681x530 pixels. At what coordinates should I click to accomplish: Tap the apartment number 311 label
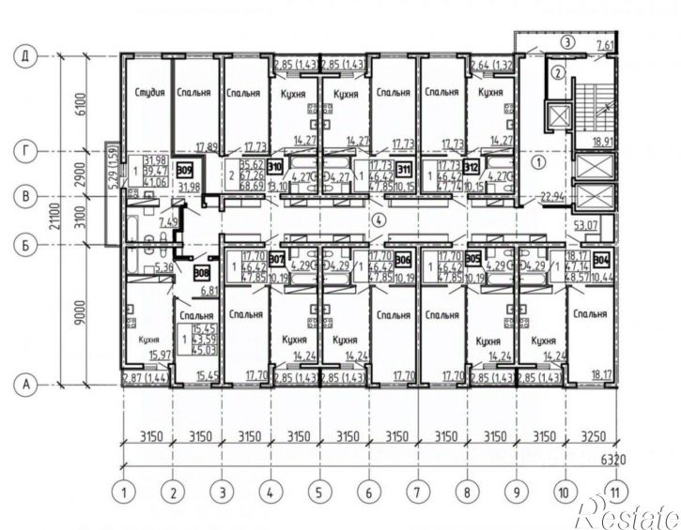404,170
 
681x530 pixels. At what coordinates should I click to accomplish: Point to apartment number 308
200,274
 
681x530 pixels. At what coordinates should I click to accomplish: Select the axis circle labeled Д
24,56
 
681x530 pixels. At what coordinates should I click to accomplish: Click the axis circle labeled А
24,383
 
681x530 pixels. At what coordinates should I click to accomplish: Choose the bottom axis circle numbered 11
616,490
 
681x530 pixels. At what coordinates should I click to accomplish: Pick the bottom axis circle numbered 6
368,490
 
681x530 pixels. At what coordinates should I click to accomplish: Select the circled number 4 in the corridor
378,221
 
